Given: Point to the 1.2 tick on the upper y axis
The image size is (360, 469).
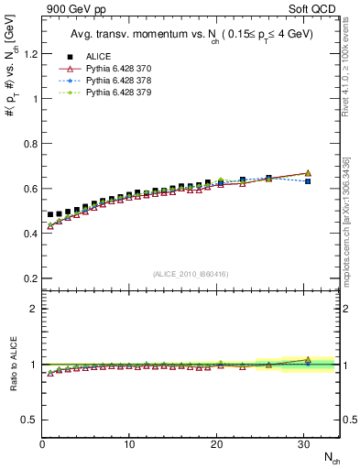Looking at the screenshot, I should coord(28,53).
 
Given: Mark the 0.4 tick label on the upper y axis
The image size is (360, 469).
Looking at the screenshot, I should coord(28,233).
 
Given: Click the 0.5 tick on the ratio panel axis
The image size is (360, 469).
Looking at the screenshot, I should coord(28,420).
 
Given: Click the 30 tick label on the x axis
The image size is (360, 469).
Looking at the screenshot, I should coord(303,444).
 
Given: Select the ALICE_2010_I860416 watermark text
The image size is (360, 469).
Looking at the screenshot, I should coord(190,273).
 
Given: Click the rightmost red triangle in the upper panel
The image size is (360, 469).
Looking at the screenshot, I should coord(308,173).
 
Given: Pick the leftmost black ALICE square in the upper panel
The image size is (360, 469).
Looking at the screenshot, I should coord(50,214).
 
